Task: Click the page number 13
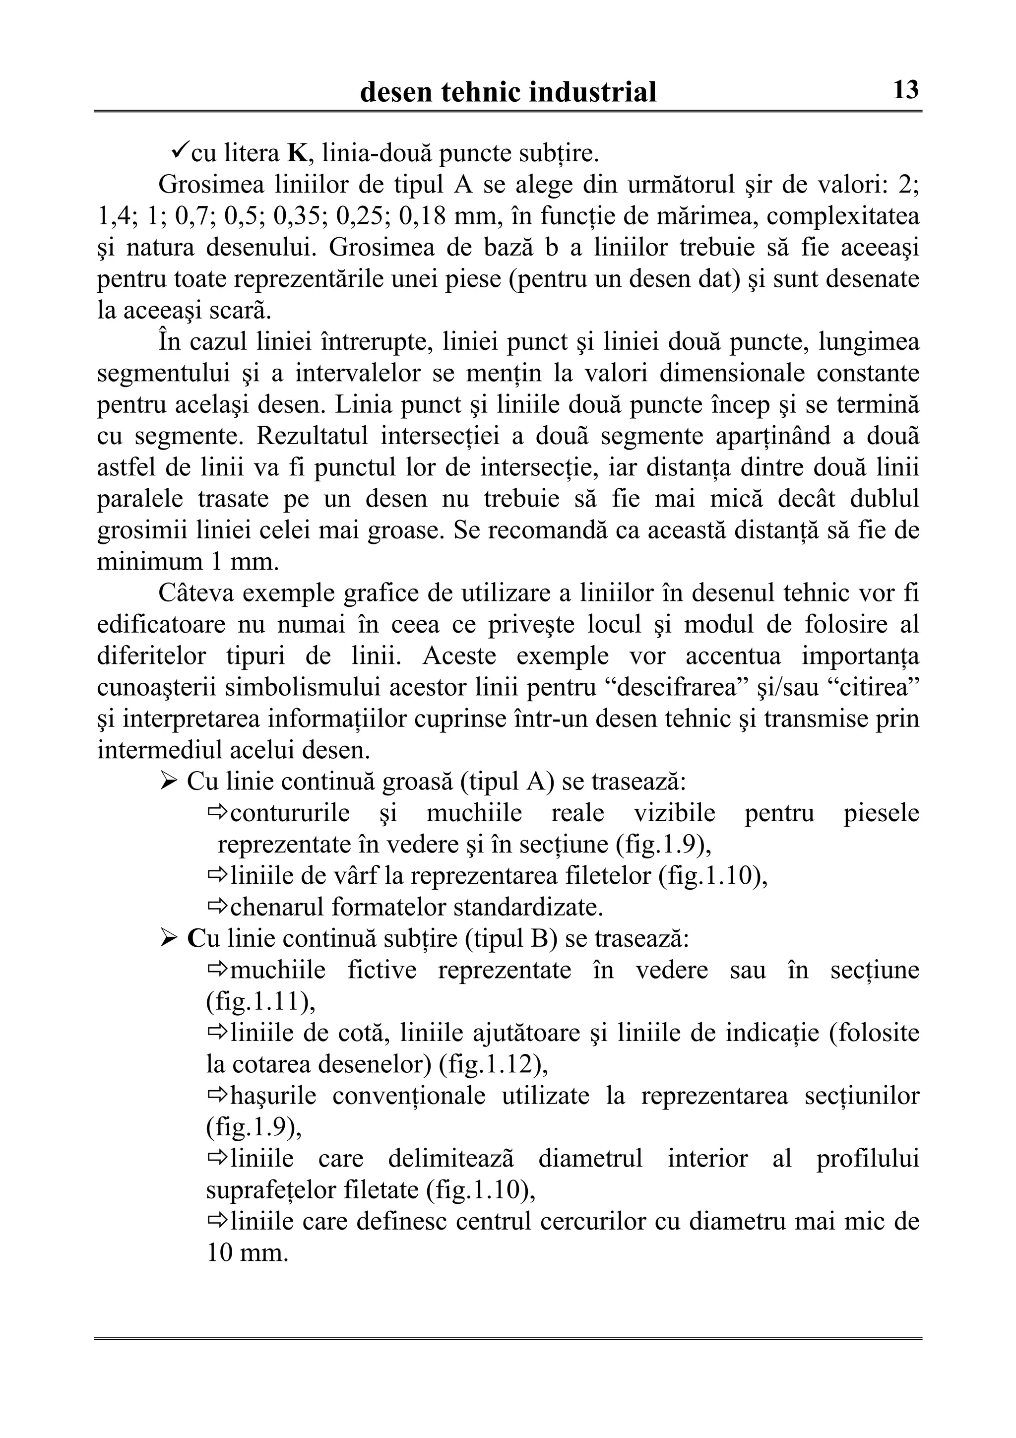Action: pos(905,90)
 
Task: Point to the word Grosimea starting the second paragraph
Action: pos(203,185)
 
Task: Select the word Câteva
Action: pos(196,593)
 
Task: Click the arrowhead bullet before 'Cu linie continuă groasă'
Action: pos(168,781)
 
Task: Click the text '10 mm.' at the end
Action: pos(247,1252)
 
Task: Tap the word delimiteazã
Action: pos(451,1158)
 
